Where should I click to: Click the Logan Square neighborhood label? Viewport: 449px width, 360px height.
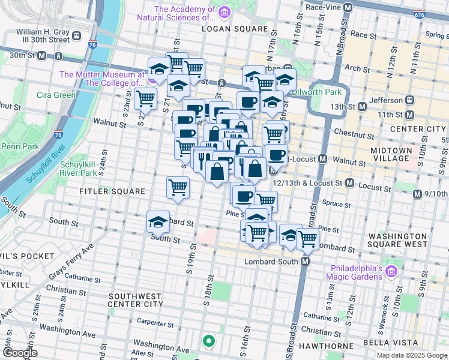(234, 29)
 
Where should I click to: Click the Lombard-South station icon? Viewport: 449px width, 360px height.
(306, 262)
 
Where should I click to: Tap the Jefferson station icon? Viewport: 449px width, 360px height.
(409, 99)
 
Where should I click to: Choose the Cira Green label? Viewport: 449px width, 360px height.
(56, 95)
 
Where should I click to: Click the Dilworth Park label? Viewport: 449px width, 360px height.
(316, 92)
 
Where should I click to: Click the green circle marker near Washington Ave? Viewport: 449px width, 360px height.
(209, 341)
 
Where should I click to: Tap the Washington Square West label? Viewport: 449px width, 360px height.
(398, 240)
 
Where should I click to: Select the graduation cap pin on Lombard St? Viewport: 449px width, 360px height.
(158, 222)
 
